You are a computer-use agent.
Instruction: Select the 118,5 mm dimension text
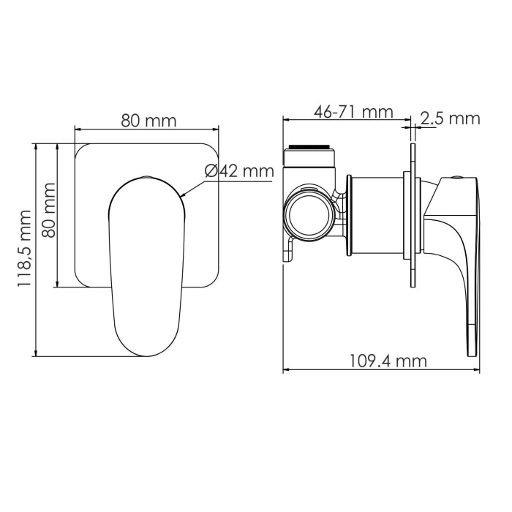(23, 248)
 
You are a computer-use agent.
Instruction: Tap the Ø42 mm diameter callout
(238, 171)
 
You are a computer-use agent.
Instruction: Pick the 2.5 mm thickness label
(450, 118)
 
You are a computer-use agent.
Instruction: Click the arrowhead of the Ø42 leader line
(183, 197)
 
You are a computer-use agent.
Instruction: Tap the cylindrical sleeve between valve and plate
(376, 216)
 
